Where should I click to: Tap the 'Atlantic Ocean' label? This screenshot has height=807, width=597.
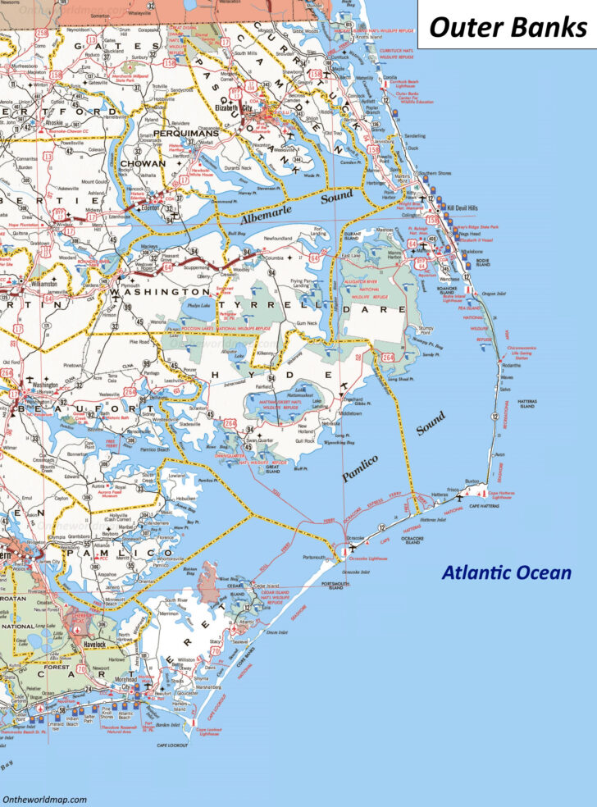click(x=506, y=572)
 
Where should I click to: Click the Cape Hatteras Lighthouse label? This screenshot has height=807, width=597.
click(x=506, y=495)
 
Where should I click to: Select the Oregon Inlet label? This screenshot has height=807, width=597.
click(x=494, y=294)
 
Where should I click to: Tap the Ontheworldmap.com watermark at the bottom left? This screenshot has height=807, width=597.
click(x=45, y=798)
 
